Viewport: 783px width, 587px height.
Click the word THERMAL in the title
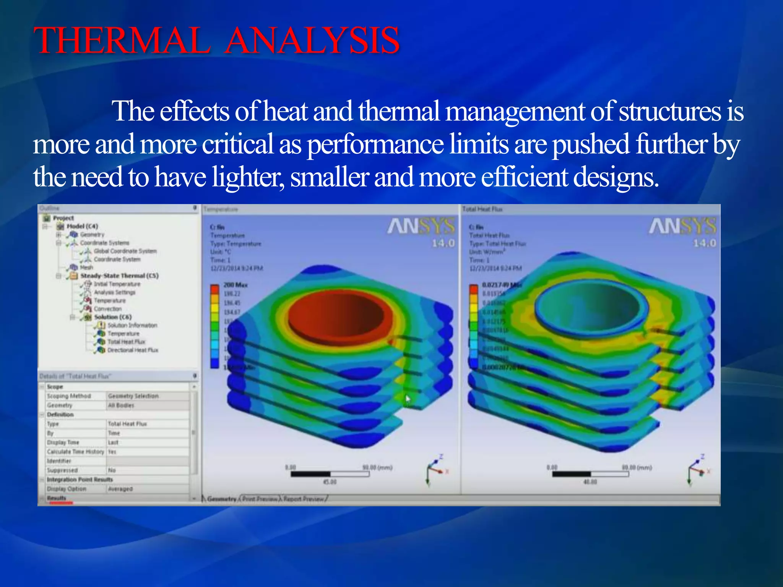coord(122,41)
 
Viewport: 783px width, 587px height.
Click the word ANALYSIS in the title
coord(312,41)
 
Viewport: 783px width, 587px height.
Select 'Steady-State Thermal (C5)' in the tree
coord(119,276)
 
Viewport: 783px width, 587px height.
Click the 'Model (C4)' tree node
coord(82,226)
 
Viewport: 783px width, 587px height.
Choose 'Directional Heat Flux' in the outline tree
coord(132,350)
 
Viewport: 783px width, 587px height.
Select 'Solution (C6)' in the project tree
coord(113,317)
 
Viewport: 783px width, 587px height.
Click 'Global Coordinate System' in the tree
coord(125,251)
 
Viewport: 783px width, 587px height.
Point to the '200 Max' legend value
coord(236,285)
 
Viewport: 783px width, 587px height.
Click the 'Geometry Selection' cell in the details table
coord(133,396)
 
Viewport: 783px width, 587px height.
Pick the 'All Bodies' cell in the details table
coord(121,405)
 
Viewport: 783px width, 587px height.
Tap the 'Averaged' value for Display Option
coord(120,489)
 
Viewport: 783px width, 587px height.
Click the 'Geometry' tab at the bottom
coord(221,499)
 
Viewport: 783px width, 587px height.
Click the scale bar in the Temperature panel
coord(330,474)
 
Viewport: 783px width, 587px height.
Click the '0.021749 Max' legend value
coord(501,285)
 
